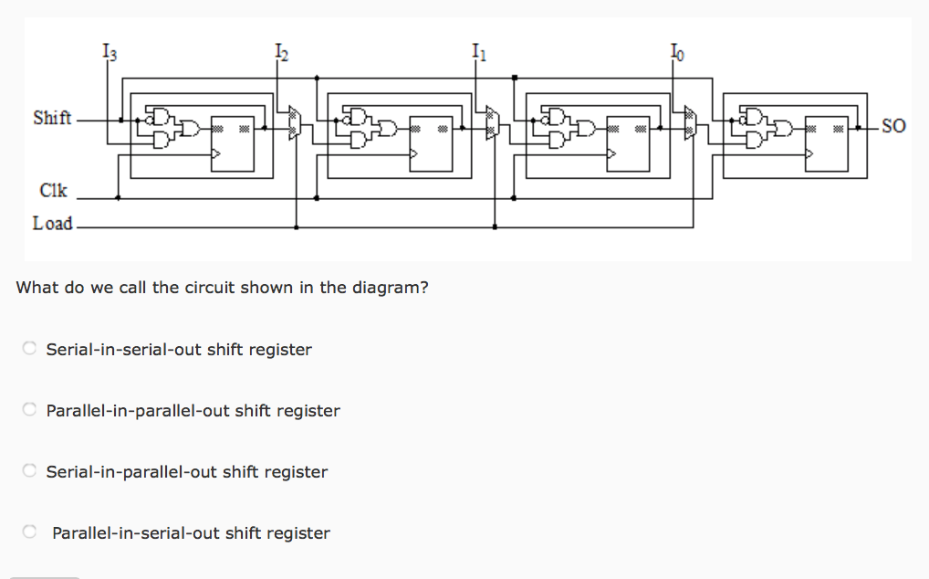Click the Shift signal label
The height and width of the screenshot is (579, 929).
(52, 119)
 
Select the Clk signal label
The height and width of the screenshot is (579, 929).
(54, 191)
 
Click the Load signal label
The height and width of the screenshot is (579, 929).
(52, 224)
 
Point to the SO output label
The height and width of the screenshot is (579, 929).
(893, 127)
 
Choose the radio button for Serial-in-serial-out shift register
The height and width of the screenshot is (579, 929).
(30, 348)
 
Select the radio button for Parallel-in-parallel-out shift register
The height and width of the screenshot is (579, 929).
(30, 409)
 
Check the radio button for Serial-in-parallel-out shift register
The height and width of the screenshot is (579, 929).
(30, 470)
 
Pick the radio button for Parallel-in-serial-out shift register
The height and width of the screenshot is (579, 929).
(30, 532)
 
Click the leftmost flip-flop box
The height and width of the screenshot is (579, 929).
(233, 143)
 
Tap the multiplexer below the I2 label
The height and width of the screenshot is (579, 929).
(294, 123)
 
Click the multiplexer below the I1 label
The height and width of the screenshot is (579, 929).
(493, 123)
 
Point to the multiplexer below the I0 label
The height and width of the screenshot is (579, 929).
(691, 123)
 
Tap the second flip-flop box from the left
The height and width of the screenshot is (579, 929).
(431, 143)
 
